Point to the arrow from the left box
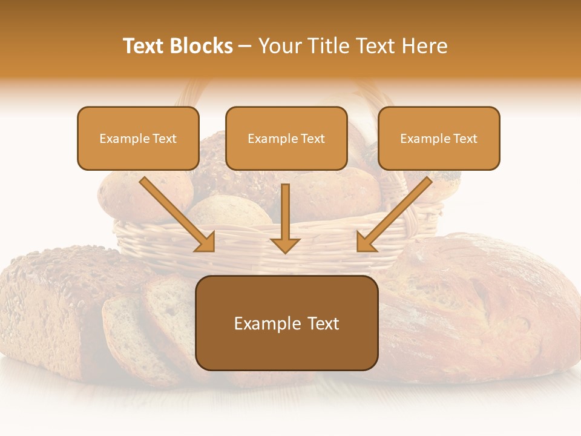pyautogui.click(x=176, y=213)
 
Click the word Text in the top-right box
pyautogui.click(x=465, y=139)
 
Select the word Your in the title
pyautogui.click(x=281, y=46)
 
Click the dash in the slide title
pyautogui.click(x=245, y=46)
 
